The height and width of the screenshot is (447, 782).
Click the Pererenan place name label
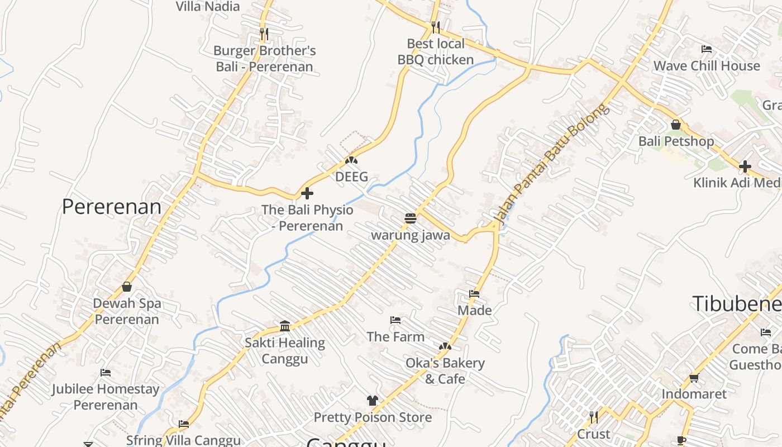(111, 207)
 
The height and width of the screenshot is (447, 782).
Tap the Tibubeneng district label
(737, 303)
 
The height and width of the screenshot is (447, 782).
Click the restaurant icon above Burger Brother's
(264, 34)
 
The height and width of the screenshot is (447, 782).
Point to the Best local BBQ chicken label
(436, 51)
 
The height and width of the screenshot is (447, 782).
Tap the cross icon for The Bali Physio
(307, 194)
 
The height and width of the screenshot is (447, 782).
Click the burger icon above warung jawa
(411, 218)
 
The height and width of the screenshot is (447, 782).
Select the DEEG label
(351, 177)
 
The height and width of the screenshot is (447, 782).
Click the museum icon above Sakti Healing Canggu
(285, 326)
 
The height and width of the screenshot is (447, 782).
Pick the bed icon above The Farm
(395, 320)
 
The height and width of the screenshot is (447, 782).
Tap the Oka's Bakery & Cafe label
(445, 370)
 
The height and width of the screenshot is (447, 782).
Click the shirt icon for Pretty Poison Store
(373, 400)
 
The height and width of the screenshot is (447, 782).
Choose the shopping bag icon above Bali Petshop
(676, 125)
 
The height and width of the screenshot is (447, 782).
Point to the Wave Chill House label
(707, 65)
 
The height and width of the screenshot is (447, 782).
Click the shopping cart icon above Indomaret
(694, 378)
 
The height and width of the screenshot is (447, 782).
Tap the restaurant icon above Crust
(594, 417)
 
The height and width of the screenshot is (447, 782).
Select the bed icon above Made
(474, 293)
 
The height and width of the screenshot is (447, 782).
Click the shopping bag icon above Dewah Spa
(127, 287)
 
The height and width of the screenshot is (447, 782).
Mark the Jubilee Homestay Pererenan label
(106, 396)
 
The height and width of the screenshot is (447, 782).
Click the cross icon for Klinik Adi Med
(745, 167)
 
